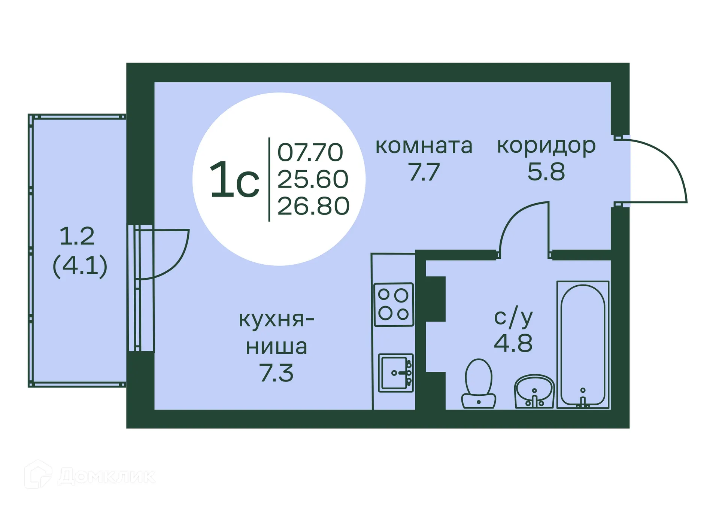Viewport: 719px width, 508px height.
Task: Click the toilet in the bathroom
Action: [479, 384]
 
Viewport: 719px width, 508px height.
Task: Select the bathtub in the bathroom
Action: [583, 344]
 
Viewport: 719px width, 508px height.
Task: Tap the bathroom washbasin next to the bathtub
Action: [534, 391]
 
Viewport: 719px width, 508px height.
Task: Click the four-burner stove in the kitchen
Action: [394, 304]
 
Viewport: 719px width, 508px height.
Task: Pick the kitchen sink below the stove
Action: [395, 373]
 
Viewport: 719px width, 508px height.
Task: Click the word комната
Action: [424, 146]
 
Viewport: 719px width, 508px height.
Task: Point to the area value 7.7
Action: [424, 172]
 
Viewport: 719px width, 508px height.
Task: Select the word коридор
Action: [546, 146]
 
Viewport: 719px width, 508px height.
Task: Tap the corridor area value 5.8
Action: [546, 172]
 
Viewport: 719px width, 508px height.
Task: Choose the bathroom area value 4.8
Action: [513, 343]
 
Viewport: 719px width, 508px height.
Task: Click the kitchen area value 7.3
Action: [276, 373]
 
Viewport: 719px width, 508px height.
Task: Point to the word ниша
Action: [276, 347]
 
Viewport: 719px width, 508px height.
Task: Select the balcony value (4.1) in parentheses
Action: [80, 265]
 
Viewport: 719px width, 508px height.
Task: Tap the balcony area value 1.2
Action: [77, 236]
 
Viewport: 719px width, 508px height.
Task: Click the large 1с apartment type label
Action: [234, 180]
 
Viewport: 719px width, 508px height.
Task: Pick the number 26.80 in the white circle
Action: [313, 206]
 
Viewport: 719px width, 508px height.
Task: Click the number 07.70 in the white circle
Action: [310, 152]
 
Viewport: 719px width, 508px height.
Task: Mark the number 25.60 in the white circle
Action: [313, 179]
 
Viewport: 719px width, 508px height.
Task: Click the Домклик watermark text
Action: [106, 476]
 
